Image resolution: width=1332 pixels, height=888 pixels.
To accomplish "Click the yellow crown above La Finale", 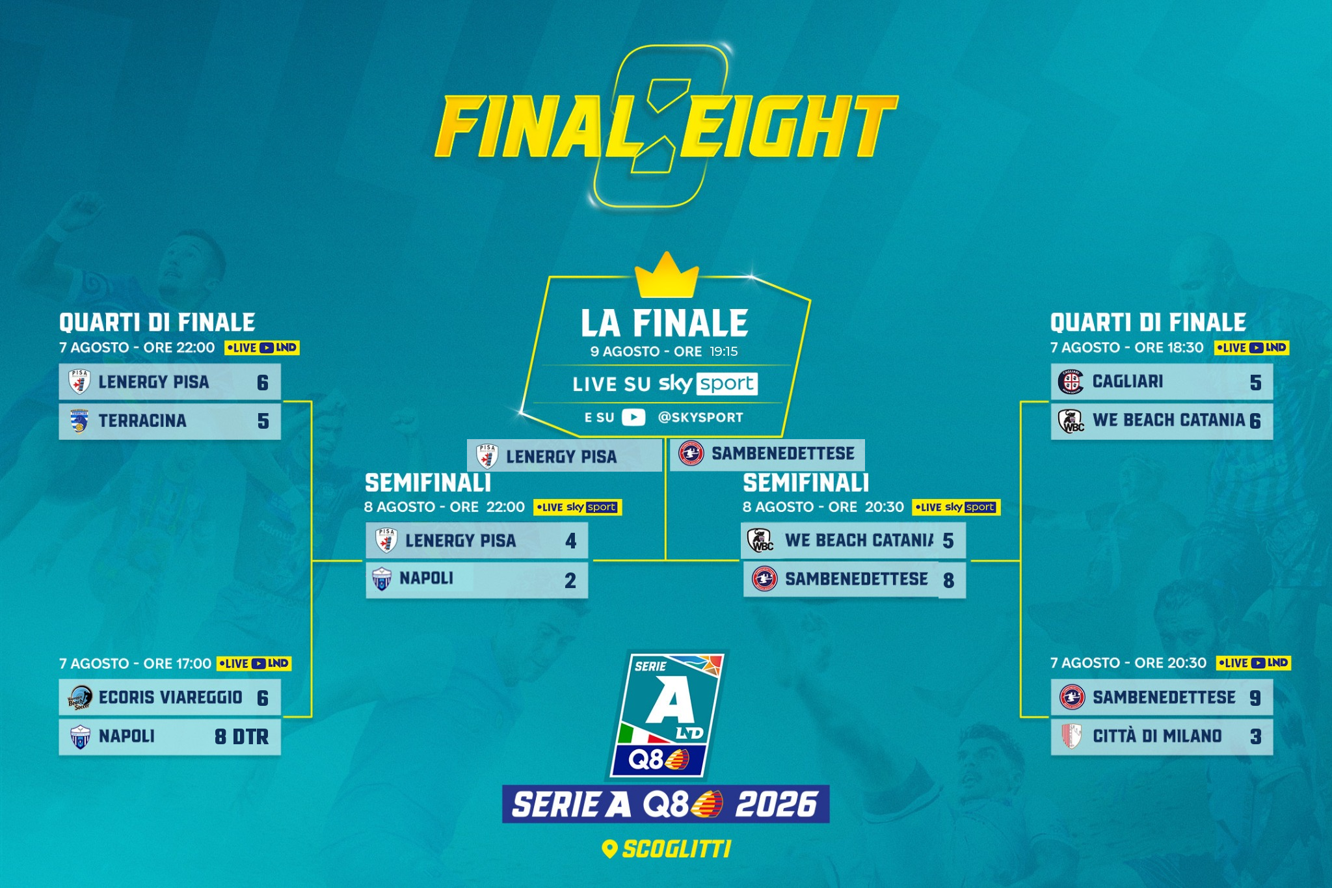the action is pos(666,275).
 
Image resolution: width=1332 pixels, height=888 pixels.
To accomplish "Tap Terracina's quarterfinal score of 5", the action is pos(263,421).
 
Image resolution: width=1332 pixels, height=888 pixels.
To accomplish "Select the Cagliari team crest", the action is pos(1071,382).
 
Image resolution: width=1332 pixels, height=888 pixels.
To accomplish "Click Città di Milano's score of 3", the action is pos(1255,736).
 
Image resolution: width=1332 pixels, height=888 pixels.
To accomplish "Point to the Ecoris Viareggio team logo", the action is pos(80,698).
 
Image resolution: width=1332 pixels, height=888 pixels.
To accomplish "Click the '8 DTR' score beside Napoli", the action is pos(241,736).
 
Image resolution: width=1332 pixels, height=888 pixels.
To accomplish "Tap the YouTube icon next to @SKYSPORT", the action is pos(633,417).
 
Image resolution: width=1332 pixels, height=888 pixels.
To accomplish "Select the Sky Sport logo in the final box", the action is pos(708,383).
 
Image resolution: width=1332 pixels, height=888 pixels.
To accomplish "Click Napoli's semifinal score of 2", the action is pos(570,580).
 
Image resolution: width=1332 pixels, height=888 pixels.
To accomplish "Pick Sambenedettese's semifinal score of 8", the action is pos(948,580).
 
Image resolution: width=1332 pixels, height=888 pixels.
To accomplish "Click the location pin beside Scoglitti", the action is pos(609,848).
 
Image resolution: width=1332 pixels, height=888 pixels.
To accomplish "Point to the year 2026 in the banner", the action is pos(776,804).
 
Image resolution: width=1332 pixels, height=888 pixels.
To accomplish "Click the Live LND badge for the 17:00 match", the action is pos(254,664).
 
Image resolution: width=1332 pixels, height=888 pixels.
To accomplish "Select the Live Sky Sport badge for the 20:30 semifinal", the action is pos(956,507).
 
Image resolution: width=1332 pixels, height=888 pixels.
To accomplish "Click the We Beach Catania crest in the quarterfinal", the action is pos(1071,421).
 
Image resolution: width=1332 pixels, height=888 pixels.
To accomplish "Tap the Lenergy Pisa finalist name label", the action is pos(561,457).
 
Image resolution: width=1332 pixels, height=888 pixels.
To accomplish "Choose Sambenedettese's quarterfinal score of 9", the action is pos(1255,698).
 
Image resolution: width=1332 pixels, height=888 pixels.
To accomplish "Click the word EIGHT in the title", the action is pos(788,127).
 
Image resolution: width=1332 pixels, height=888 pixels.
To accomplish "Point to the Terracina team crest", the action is pos(79,422).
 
